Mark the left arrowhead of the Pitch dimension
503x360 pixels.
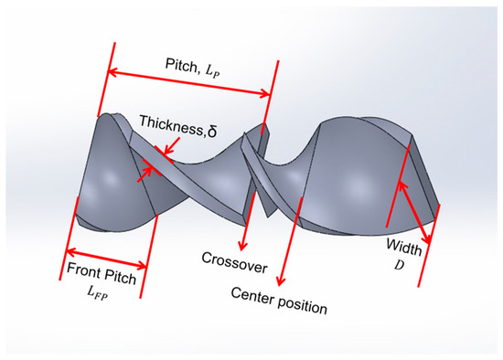(x=113, y=71)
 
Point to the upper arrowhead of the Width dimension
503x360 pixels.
(x=399, y=181)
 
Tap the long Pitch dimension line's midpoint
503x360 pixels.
(x=191, y=82)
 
